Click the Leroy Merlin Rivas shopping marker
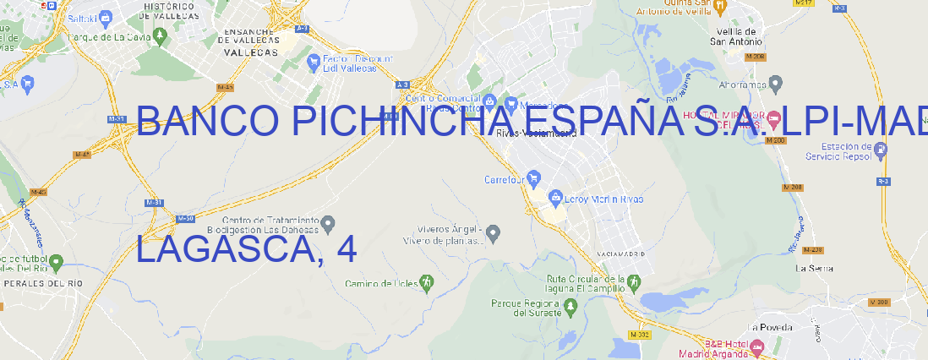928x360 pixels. coord(555,199)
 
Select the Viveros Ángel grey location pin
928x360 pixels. coord(494,232)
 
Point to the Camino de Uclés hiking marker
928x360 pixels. coord(427,282)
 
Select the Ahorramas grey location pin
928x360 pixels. coord(776,84)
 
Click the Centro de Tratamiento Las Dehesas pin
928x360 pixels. coord(329,223)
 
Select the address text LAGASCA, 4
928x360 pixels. coord(246,249)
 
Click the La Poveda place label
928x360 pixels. coord(769,327)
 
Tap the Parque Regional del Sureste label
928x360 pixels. coord(526,307)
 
